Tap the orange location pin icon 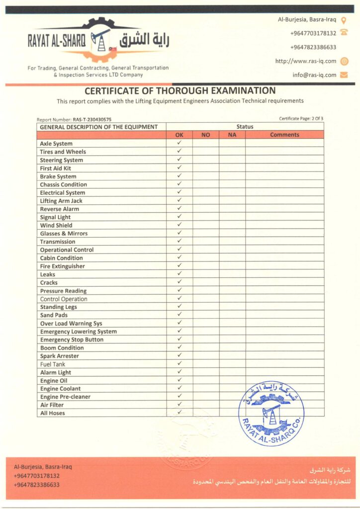344,20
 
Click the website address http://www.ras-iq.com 306,61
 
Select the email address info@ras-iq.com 314,75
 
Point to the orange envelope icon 344,75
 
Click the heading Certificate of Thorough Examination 180,91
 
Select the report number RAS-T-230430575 92,120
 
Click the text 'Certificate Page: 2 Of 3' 301,118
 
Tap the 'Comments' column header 284,135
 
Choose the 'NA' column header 232,135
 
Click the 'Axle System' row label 56,144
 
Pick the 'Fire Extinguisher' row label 63,266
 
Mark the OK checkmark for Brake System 180,176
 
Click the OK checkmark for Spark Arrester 180,356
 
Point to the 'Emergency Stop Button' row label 72,339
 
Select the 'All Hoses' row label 53,413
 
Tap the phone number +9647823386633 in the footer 37,484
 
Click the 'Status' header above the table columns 245,127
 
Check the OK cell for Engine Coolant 180,388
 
